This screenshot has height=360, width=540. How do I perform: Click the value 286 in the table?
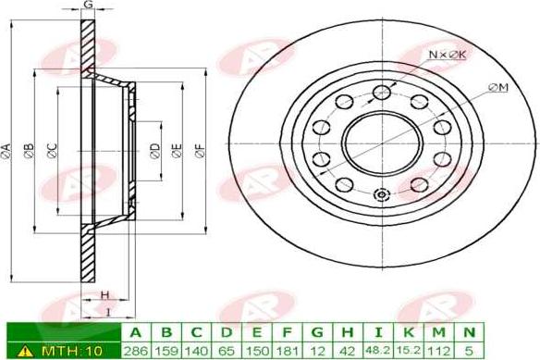pyautogui.click(x=136, y=351)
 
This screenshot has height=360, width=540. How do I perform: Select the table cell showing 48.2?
pyautogui.click(x=378, y=351)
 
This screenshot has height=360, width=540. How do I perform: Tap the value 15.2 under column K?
pyautogui.click(x=409, y=351)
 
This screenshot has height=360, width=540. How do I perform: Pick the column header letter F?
pyautogui.click(x=288, y=333)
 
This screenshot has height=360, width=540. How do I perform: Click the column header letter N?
pyautogui.click(x=469, y=333)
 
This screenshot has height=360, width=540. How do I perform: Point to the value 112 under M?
pyautogui.click(x=438, y=351)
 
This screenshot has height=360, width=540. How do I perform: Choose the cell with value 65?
pyautogui.click(x=227, y=351)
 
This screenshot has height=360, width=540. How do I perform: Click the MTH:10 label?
pyautogui.click(x=71, y=351)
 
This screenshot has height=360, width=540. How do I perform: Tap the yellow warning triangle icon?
pyautogui.click(x=25, y=351)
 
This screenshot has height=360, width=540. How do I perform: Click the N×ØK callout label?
pyautogui.click(x=448, y=54)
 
